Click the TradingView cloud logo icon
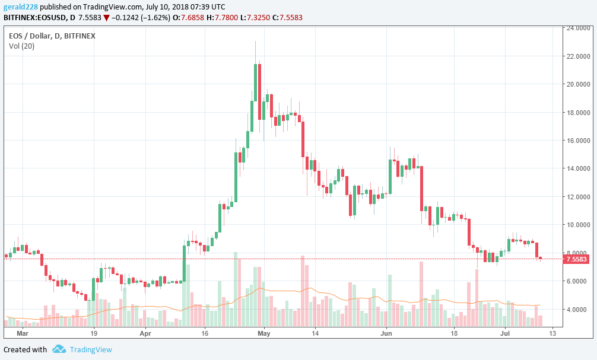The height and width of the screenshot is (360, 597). (x=58, y=349)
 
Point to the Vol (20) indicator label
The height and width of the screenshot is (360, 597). (x=21, y=46)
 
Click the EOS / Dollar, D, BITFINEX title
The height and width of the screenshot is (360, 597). (x=52, y=36)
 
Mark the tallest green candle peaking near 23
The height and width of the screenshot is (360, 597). (x=256, y=83)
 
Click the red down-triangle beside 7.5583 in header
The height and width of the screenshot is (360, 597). (x=106, y=18)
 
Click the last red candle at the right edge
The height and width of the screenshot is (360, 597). (x=541, y=258)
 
